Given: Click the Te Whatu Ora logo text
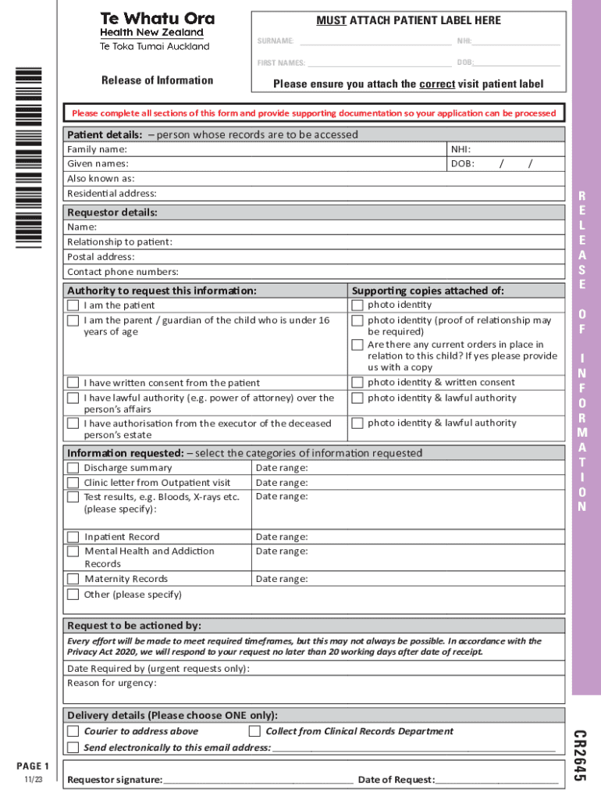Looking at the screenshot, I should (157, 19).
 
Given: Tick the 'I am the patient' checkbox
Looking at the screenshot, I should (73, 305).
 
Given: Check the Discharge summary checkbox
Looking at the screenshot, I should (73, 468).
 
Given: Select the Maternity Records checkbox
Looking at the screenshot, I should (73, 579).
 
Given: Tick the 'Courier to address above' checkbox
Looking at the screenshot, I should (73, 731).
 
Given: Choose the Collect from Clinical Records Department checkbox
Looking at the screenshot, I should (254, 731).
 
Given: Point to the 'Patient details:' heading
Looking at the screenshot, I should (105, 134).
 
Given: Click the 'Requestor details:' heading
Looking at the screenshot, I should (112, 212).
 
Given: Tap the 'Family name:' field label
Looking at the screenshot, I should (97, 149).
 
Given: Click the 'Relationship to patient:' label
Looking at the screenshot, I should (119, 242).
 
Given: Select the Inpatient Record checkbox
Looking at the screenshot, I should (73, 537).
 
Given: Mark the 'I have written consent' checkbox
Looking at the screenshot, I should (73, 383).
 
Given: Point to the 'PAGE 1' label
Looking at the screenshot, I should (33, 766).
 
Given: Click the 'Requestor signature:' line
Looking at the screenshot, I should (258, 779).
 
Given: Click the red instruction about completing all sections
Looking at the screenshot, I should (314, 113).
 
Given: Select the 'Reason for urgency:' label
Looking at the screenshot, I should (112, 683).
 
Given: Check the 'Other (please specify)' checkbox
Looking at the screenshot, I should (73, 595).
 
